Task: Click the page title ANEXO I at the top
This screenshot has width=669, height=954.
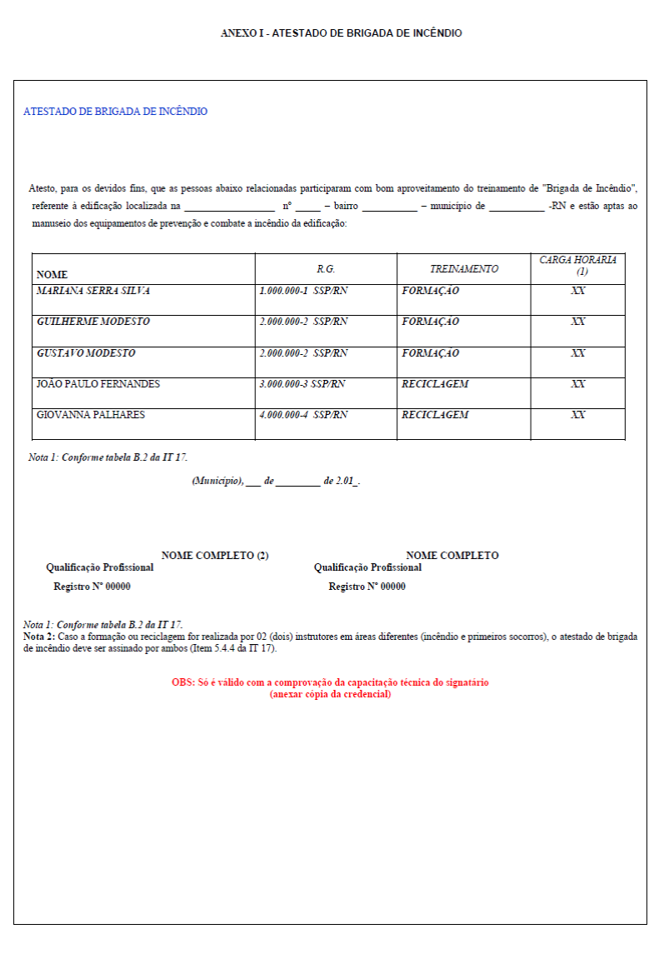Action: click(x=341, y=33)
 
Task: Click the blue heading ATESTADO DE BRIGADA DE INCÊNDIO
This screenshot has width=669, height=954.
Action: click(x=116, y=112)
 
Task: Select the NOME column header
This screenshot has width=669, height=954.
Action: click(x=52, y=275)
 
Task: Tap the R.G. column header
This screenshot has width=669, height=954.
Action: click(x=326, y=269)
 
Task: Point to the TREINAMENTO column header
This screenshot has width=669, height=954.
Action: click(x=464, y=269)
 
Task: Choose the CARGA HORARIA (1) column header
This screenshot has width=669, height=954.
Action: click(x=577, y=266)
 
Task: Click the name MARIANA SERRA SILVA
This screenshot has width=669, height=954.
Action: click(x=93, y=292)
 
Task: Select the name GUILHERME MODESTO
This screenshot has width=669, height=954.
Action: click(x=93, y=322)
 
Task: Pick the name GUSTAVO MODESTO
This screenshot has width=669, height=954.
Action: click(x=86, y=353)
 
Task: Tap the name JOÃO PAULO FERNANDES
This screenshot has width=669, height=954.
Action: click(x=98, y=384)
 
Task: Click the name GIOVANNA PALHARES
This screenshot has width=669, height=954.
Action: click(x=91, y=415)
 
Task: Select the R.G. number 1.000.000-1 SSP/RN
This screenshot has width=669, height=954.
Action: click(x=303, y=292)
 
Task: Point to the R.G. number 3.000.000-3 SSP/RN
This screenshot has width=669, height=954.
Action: click(x=302, y=384)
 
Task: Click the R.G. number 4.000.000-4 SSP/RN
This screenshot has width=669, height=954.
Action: click(x=303, y=415)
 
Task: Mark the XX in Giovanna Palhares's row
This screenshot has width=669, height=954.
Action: click(x=577, y=415)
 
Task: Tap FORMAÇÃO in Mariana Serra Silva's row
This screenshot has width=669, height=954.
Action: click(x=430, y=292)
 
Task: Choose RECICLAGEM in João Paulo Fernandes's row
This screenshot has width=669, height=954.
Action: click(x=435, y=384)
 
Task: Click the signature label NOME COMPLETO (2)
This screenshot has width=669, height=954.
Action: click(x=215, y=556)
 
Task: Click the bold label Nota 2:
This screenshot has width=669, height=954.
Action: click(x=39, y=637)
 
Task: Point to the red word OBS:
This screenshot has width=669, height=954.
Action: click(x=183, y=682)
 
